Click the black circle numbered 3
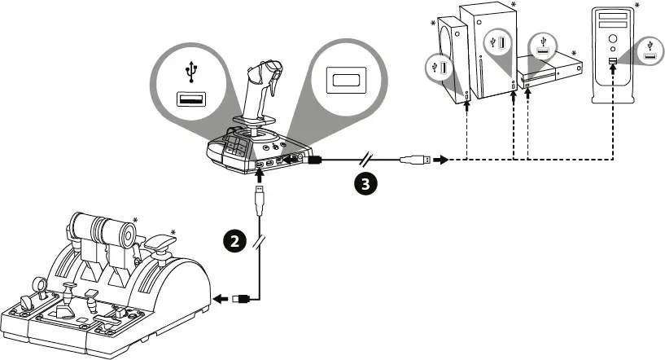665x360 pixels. pyautogui.click(x=365, y=184)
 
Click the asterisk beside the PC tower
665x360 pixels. pyautogui.click(x=637, y=6)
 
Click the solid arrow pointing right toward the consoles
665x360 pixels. pyautogui.click(x=442, y=160)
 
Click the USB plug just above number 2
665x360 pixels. pyautogui.click(x=258, y=195)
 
